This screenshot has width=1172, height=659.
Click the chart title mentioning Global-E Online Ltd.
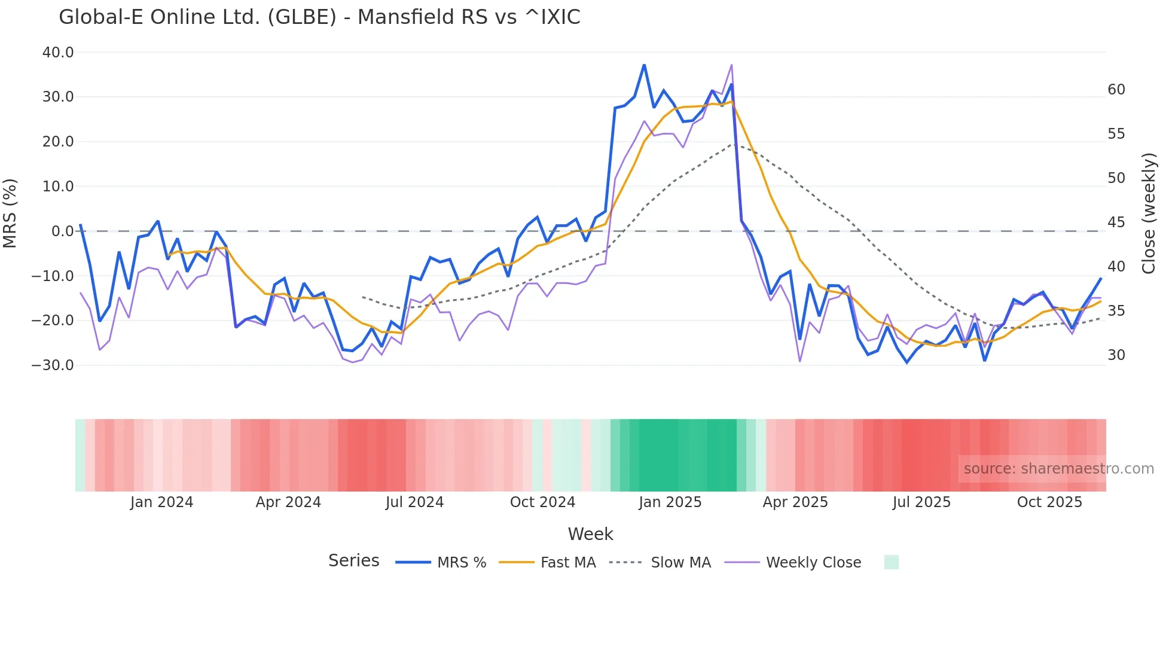point(319,17)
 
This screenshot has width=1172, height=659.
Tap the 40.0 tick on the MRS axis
point(58,53)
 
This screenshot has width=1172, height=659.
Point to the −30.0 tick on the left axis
point(53,365)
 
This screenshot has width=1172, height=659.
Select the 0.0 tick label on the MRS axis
point(62,231)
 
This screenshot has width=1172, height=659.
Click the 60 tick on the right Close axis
point(1116,90)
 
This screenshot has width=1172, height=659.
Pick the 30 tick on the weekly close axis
point(1116,355)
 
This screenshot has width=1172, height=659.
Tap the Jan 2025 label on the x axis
point(670,502)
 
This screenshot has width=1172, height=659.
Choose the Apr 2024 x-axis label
point(288,502)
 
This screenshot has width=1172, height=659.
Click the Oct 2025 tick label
point(1049,502)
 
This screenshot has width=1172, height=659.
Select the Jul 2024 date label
point(414,502)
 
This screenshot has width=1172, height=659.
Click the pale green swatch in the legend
point(891,562)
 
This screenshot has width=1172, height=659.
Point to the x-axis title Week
point(590,534)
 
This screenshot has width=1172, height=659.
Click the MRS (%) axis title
point(10,213)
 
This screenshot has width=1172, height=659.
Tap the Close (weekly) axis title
point(1148,213)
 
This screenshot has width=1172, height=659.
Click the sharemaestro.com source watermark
point(1058,469)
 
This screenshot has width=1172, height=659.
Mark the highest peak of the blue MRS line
point(644,65)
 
